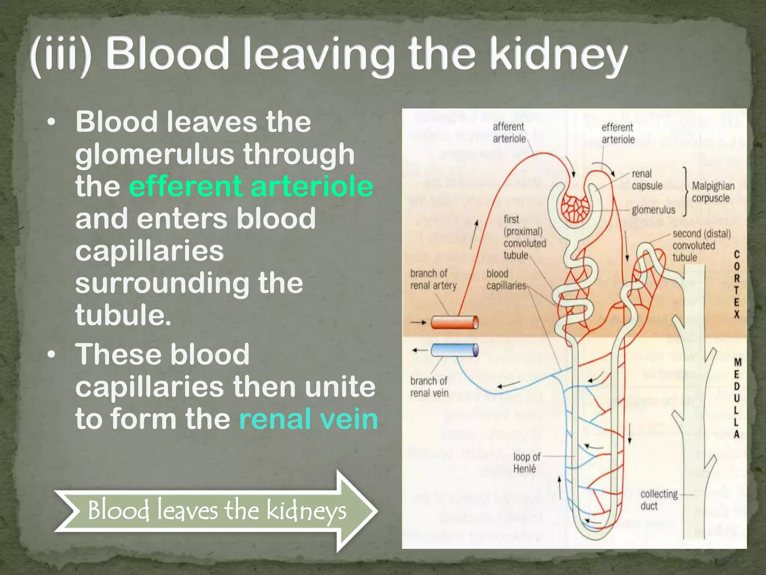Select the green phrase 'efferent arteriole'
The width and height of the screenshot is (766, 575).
click(x=251, y=186)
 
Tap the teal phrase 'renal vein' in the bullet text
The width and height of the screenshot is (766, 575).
click(x=309, y=419)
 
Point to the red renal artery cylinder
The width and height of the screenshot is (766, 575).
click(x=454, y=322)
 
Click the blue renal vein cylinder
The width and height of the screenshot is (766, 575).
click(x=454, y=350)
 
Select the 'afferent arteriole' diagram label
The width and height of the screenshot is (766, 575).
click(x=509, y=133)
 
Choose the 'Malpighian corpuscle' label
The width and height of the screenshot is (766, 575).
click(x=713, y=192)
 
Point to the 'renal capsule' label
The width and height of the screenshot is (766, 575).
click(x=647, y=180)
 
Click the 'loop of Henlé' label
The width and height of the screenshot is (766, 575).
click(x=526, y=463)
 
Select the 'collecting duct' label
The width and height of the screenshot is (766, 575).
click(x=658, y=500)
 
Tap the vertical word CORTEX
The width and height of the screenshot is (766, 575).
click(x=736, y=285)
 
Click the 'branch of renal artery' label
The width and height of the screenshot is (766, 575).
click(x=433, y=280)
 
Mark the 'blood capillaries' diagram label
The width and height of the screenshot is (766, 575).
click(x=506, y=280)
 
